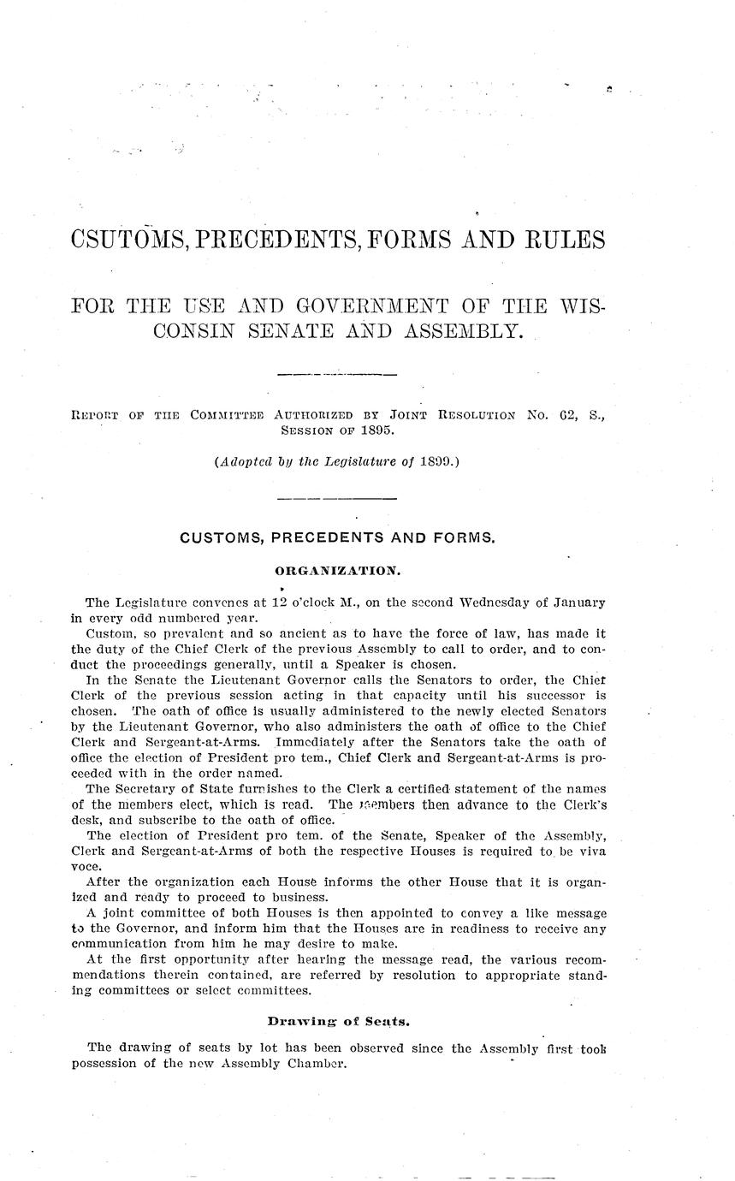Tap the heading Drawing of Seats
coord(335,1020)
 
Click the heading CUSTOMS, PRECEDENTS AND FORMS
coord(337,537)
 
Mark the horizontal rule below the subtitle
coord(337,375)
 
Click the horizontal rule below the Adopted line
coord(337,498)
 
